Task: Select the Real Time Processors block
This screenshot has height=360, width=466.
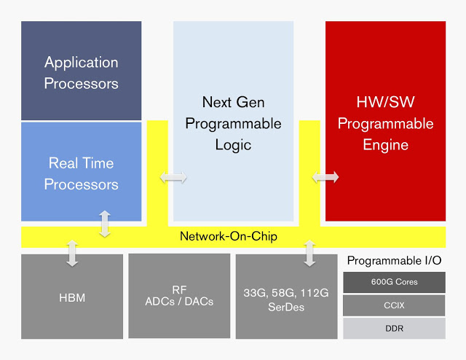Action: pyautogui.click(x=81, y=173)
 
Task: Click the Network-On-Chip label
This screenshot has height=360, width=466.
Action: pyautogui.click(x=228, y=237)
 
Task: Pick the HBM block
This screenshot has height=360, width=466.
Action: pyautogui.click(x=72, y=297)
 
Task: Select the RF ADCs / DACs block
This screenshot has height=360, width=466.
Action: pyautogui.click(x=179, y=296)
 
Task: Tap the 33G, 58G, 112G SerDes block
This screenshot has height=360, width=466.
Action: pyautogui.click(x=286, y=297)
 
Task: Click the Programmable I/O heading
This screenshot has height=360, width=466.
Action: pyautogui.click(x=394, y=260)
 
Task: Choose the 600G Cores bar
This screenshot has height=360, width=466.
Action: pyautogui.click(x=394, y=282)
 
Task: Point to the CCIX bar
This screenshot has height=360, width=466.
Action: pyautogui.click(x=394, y=305)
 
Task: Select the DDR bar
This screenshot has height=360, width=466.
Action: pyautogui.click(x=394, y=328)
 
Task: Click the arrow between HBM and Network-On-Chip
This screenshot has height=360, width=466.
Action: pyautogui.click(x=72, y=252)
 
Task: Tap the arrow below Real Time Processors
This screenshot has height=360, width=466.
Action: pyautogui.click(x=106, y=224)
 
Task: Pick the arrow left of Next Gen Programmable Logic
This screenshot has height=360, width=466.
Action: pyautogui.click(x=174, y=177)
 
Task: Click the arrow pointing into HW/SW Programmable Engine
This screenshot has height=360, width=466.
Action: pyautogui.click(x=325, y=177)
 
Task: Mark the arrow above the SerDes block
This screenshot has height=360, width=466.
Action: pyautogui.click(x=309, y=252)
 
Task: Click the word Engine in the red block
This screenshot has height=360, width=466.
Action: pyautogui.click(x=385, y=144)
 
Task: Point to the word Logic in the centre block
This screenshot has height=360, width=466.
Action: pyautogui.click(x=233, y=144)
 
